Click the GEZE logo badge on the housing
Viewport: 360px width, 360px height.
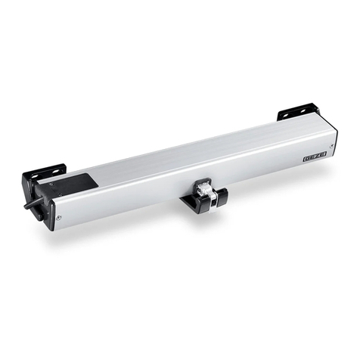tap(315, 158)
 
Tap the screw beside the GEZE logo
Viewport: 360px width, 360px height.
tap(332, 146)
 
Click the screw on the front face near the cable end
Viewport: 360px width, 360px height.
tap(58, 218)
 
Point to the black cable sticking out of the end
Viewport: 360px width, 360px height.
tap(33, 203)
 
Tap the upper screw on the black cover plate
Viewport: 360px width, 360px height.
tap(52, 185)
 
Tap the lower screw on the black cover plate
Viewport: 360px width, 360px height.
tap(60, 194)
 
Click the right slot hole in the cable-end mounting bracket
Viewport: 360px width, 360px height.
tap(56, 171)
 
